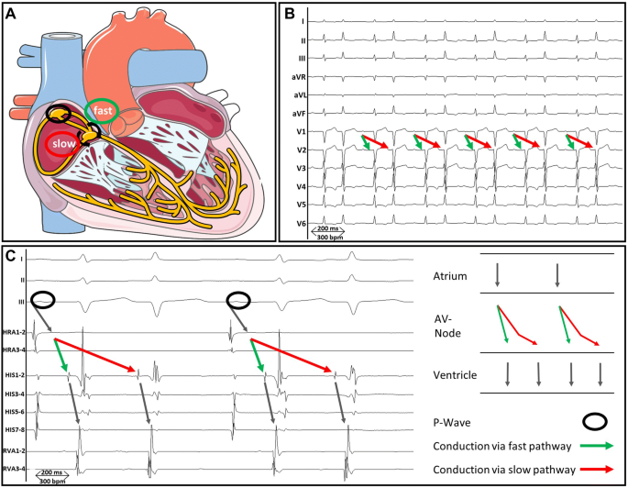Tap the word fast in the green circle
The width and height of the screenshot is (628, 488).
pos(102,111)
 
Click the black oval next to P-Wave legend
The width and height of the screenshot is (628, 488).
pos(595,421)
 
